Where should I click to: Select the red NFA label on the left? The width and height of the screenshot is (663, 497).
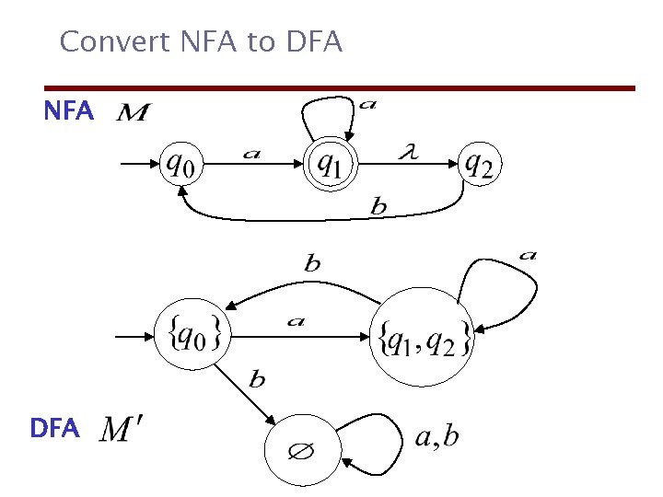pos(69,112)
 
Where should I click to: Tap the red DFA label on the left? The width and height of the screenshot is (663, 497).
pos(55,428)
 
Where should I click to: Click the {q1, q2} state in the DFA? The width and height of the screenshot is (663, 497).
pos(425,337)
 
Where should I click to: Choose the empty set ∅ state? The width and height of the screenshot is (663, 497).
pos(303,452)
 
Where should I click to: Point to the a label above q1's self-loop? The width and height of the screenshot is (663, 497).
pos(367,104)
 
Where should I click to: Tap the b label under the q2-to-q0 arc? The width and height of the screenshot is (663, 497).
pos(378,207)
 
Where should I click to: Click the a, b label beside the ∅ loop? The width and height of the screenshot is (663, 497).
pos(436,436)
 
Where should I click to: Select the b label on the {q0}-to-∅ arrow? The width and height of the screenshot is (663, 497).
pos(258,378)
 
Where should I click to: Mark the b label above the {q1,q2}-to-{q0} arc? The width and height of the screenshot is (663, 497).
pos(312,263)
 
